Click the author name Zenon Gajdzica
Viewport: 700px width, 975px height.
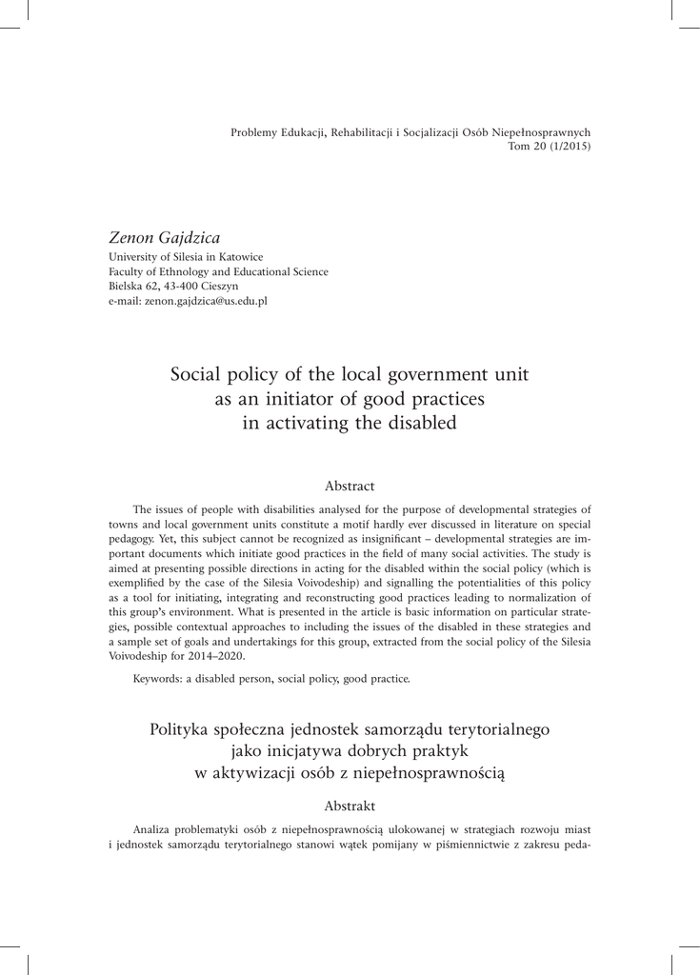pos(165,238)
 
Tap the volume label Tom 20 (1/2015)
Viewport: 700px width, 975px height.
pos(550,147)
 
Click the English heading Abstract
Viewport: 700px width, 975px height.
pos(350,486)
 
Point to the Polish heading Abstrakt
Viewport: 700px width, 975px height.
pos(350,806)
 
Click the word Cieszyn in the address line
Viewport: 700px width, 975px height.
pos(220,286)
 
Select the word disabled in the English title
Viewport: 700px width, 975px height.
pos(422,424)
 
